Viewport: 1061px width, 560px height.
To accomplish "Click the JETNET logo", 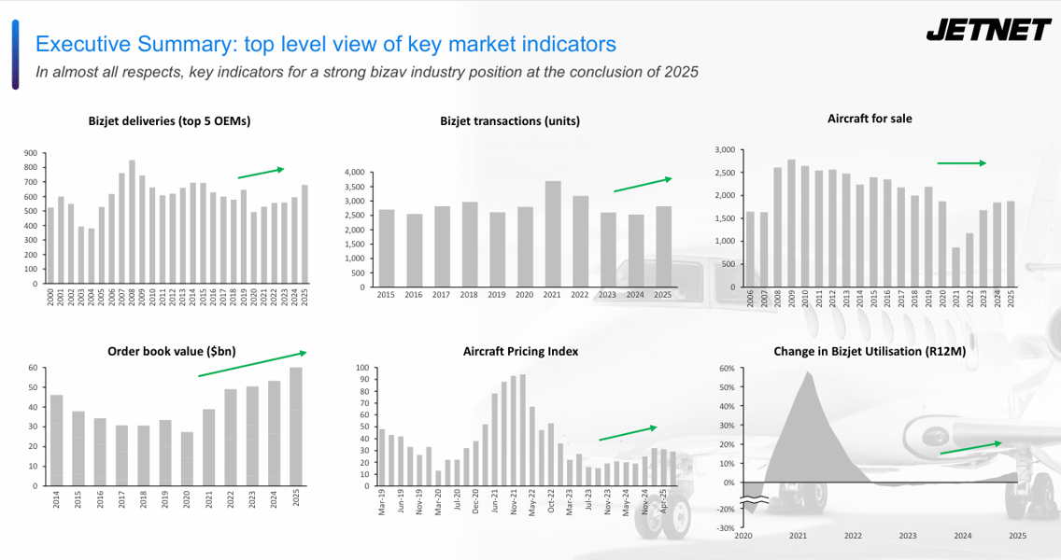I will (x=988, y=31).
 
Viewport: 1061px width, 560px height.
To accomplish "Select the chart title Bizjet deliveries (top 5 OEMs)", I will (x=169, y=120).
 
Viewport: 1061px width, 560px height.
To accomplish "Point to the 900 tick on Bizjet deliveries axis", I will (x=31, y=153).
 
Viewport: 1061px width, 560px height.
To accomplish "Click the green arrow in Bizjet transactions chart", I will (x=643, y=184).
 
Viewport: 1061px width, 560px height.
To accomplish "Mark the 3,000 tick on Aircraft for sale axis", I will (x=724, y=149).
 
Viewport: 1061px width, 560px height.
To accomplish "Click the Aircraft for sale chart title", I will (x=870, y=119).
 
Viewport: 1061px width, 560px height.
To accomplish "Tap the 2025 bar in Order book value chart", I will (x=296, y=427).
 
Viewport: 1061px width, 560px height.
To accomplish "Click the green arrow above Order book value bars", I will (x=251, y=364).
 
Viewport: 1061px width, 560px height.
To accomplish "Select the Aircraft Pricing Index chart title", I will (x=520, y=351).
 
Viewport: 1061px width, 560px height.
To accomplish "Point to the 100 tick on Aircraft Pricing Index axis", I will (x=362, y=368).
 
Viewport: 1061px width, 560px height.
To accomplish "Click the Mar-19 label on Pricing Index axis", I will (x=382, y=504).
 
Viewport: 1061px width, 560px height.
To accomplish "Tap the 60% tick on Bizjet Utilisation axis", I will (x=726, y=368).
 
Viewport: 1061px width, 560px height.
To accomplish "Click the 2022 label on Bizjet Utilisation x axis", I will (x=853, y=536).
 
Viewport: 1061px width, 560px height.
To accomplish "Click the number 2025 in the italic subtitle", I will (x=682, y=72).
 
